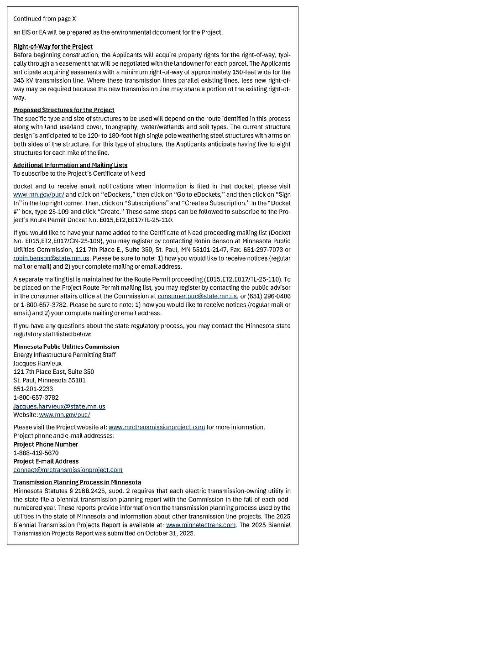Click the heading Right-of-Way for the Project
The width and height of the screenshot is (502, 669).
(x=53, y=47)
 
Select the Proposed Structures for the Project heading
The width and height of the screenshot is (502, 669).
(x=64, y=110)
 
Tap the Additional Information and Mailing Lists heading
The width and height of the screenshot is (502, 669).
(x=70, y=165)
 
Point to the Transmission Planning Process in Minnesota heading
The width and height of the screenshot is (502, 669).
(x=77, y=482)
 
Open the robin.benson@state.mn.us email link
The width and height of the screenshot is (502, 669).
(x=51, y=258)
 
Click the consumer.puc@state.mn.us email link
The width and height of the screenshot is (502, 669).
(x=197, y=296)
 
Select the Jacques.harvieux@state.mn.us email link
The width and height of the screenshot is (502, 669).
(x=59, y=406)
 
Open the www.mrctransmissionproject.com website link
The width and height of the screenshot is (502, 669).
(x=157, y=427)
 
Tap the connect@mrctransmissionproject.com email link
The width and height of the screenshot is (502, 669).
(x=68, y=470)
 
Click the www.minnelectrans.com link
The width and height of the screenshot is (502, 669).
(x=201, y=525)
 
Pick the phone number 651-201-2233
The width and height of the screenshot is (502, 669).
(x=33, y=389)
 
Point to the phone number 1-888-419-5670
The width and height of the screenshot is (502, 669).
(x=36, y=453)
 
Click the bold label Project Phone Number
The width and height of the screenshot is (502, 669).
(x=46, y=444)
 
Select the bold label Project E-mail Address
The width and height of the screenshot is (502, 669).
(x=46, y=461)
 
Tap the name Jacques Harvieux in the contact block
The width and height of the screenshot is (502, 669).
(x=37, y=364)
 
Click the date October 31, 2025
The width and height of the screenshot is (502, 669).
(x=170, y=533)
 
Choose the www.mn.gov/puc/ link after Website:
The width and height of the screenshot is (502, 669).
(x=65, y=415)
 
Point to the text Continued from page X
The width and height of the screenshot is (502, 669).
(x=45, y=19)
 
